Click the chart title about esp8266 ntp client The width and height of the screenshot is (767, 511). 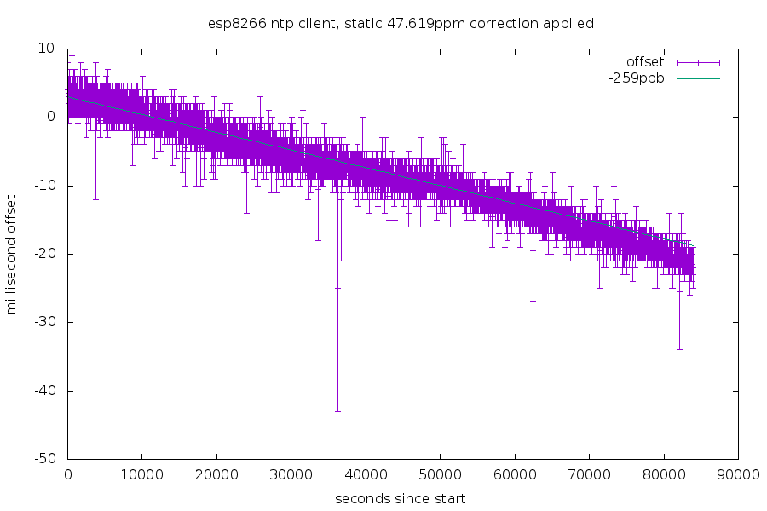tap(401, 23)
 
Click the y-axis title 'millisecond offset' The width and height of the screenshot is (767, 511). tap(12, 255)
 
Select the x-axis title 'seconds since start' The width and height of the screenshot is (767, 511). tap(400, 497)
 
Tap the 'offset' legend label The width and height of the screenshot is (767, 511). tap(644, 62)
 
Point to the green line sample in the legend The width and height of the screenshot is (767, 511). tap(698, 78)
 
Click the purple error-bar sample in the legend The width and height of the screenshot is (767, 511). tap(698, 62)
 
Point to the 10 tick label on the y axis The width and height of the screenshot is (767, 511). tap(48, 49)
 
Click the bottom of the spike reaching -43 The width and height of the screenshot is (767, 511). tap(337, 411)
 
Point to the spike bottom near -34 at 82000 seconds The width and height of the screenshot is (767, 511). tap(679, 349)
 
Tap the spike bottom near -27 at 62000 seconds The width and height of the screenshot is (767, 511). tap(533, 301)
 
